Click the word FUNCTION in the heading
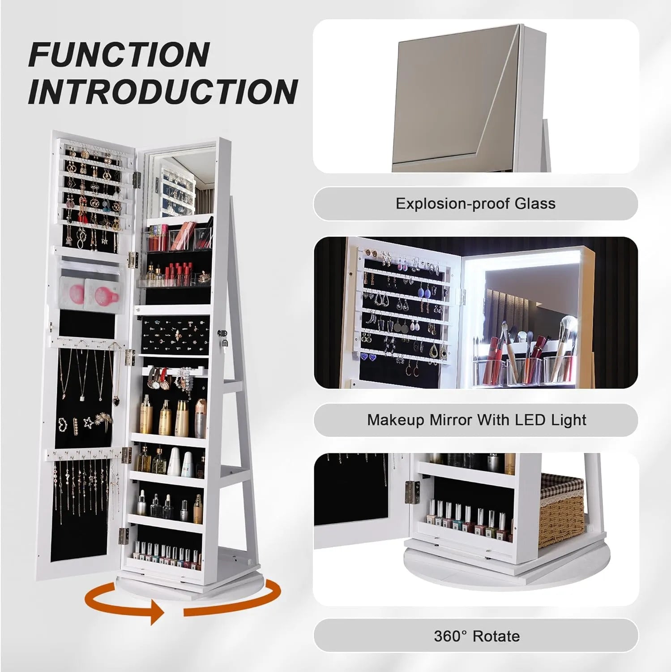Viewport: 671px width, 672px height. tap(119, 55)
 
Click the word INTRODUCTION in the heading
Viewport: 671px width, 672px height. tap(163, 92)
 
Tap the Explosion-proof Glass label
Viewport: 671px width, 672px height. tap(475, 204)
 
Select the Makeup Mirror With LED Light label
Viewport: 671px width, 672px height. tap(476, 420)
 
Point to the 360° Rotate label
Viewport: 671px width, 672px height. tap(476, 636)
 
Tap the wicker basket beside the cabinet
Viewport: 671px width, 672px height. tap(562, 511)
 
